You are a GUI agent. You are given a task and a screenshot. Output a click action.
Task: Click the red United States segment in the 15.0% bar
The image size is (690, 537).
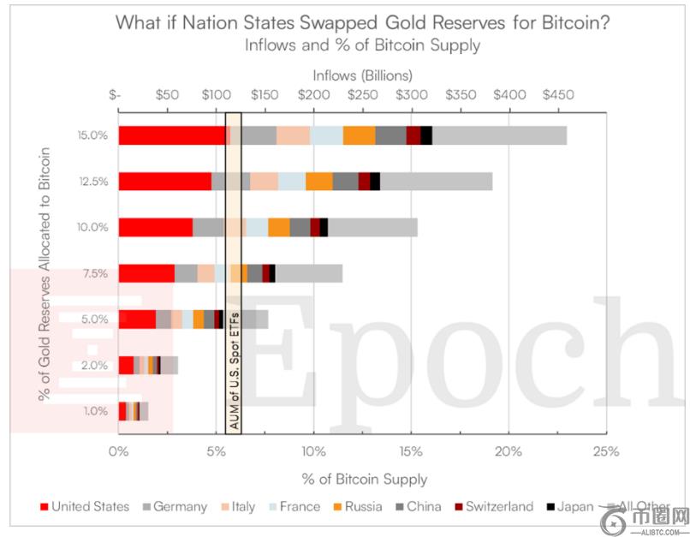171,135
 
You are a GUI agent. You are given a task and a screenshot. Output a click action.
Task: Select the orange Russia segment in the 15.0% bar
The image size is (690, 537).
359,135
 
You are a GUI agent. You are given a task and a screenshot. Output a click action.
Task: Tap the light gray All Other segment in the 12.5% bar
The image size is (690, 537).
436,182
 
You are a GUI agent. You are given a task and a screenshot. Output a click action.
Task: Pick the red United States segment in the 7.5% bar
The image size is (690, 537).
146,273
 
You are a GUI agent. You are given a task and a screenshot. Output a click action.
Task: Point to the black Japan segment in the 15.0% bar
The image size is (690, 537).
426,135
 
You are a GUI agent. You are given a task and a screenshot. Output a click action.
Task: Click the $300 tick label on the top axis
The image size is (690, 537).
411,93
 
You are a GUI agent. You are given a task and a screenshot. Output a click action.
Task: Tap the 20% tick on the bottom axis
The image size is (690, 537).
509,451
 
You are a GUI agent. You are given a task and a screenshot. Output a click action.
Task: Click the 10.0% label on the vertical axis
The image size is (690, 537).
92,228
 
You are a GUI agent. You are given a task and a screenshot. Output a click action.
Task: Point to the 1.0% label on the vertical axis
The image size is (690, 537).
95,411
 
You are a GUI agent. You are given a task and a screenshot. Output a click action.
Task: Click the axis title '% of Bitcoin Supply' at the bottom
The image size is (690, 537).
363,479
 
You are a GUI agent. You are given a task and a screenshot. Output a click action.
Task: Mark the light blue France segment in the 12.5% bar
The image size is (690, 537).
292,182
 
